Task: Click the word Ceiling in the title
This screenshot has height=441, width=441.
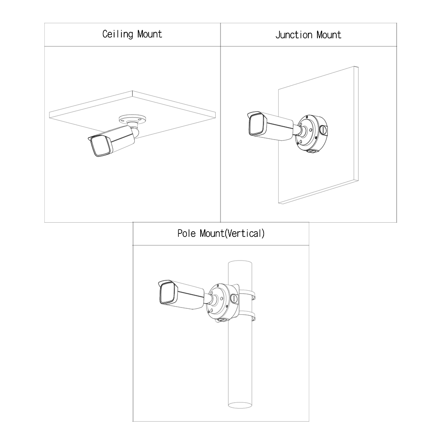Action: click(118, 34)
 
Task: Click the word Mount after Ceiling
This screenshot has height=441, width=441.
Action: click(149, 34)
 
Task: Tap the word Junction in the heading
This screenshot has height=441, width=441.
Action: click(294, 35)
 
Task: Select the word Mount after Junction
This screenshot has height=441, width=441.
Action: click(329, 35)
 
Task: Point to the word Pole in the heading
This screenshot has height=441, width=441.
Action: click(186, 233)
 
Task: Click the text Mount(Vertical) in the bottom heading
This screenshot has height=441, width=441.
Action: click(232, 233)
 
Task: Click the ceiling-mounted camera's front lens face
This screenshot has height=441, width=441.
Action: click(100, 146)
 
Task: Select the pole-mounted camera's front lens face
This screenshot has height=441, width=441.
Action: click(167, 294)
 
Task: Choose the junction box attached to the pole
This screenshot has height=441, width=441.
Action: click(223, 303)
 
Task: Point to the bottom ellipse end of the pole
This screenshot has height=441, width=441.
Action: click(240, 405)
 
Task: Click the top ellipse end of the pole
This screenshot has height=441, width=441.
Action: click(240, 264)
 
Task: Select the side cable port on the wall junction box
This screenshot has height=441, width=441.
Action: click(324, 130)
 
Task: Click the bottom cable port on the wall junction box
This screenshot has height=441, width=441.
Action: click(311, 151)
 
